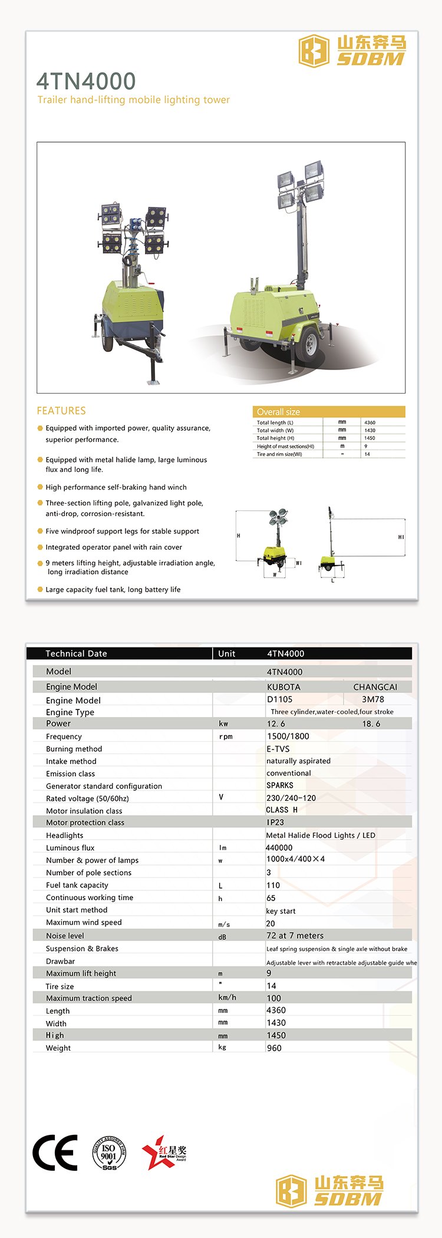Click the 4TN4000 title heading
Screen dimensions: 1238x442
[x=86, y=81]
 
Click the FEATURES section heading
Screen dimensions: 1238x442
[x=61, y=411]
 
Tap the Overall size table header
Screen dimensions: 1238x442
[x=278, y=412]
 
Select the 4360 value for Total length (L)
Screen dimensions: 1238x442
[x=370, y=422]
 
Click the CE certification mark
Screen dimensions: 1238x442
[x=55, y=1152]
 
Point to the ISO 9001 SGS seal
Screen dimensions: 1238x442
[x=109, y=1153]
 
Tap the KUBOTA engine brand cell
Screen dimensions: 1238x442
[x=283, y=687]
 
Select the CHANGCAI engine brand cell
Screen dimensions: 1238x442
[x=375, y=687]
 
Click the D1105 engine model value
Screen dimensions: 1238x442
[x=279, y=699]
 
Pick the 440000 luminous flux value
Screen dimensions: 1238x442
[x=279, y=848]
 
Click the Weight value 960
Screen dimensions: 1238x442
[x=274, y=1048]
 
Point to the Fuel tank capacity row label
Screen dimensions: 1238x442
[x=77, y=885]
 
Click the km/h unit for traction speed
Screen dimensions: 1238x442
[x=227, y=998]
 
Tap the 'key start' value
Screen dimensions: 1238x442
[x=281, y=911]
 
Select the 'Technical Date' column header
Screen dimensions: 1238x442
[x=76, y=653]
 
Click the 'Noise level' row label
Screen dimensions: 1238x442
[x=65, y=936]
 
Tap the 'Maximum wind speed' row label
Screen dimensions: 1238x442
[x=84, y=922]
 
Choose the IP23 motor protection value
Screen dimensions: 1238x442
[x=275, y=822]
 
